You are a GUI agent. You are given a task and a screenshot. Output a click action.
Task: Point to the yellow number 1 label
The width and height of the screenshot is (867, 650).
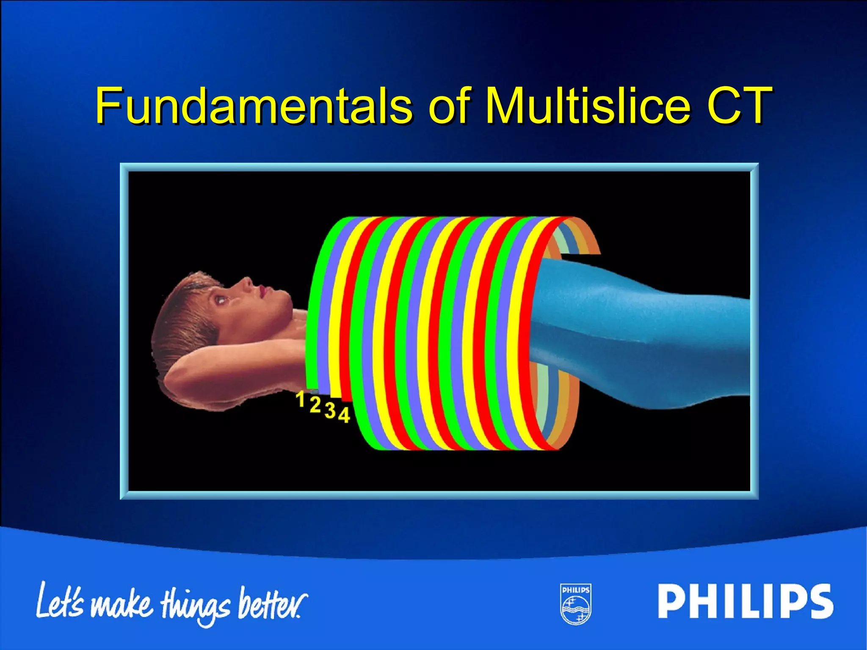[300, 399]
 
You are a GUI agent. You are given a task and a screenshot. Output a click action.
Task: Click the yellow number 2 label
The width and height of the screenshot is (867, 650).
[315, 405]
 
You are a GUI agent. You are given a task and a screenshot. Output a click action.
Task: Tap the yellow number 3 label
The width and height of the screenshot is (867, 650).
[330, 410]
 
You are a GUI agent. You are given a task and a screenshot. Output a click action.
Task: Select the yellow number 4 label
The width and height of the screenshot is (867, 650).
[344, 415]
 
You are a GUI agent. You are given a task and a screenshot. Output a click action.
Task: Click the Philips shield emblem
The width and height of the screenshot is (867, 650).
[576, 604]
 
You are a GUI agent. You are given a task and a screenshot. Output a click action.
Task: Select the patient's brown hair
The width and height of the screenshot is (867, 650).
[182, 322]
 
